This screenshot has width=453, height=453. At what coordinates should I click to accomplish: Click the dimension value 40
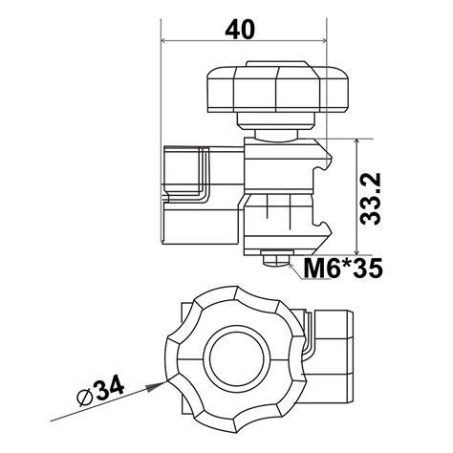click(241, 29)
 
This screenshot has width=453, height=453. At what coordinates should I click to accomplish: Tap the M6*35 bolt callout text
click(342, 268)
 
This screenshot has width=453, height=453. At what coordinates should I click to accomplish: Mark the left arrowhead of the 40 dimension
click(167, 41)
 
